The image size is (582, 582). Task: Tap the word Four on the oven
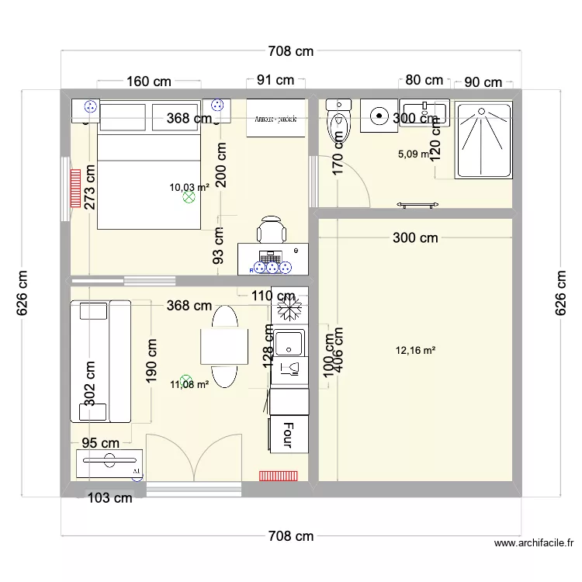[x=287, y=435]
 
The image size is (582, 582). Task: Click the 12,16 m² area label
[x=415, y=351]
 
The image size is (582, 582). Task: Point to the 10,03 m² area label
[x=189, y=187]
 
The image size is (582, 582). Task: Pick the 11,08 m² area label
[x=189, y=384]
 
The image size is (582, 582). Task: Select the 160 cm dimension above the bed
[x=148, y=81]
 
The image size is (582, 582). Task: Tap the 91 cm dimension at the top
[x=275, y=80]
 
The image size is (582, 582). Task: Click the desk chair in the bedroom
[x=272, y=230]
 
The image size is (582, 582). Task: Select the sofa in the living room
[x=100, y=361]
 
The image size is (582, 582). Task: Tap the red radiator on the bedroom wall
[x=75, y=189]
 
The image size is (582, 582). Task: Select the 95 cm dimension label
[x=100, y=443]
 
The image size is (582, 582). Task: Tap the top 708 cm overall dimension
[x=291, y=52]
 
